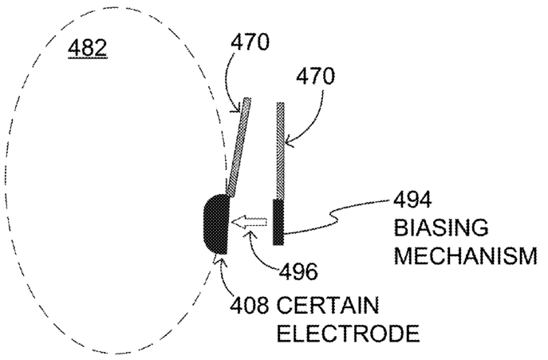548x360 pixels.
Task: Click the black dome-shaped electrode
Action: click(215, 222)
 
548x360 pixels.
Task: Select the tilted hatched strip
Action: click(238, 147)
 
